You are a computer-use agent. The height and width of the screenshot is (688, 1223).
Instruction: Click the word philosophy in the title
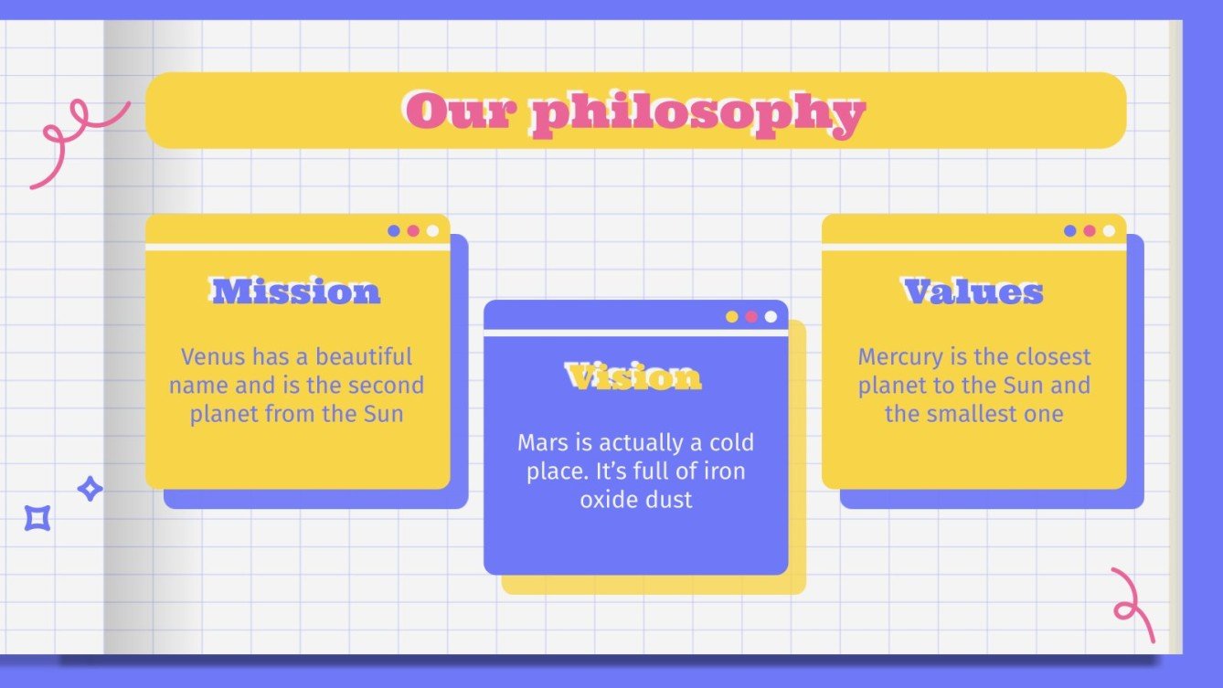[697, 113]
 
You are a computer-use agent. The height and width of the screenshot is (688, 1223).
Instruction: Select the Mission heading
[296, 291]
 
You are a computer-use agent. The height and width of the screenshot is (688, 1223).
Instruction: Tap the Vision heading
[634, 376]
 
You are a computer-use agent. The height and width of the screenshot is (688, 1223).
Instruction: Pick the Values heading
[973, 291]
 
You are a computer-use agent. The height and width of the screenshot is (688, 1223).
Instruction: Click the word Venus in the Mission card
[213, 356]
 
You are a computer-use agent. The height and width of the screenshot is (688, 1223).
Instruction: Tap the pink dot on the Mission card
[413, 231]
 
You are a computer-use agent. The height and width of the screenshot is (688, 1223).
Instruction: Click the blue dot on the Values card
[1069, 231]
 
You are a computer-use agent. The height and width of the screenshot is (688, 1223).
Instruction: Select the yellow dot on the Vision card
[732, 317]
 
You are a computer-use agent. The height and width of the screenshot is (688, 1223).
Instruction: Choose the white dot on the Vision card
[771, 317]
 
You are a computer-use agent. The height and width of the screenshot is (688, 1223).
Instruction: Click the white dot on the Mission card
[432, 231]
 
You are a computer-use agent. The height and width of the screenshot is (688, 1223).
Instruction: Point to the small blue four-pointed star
[90, 489]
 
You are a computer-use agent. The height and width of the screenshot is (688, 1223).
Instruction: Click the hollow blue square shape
[37, 518]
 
